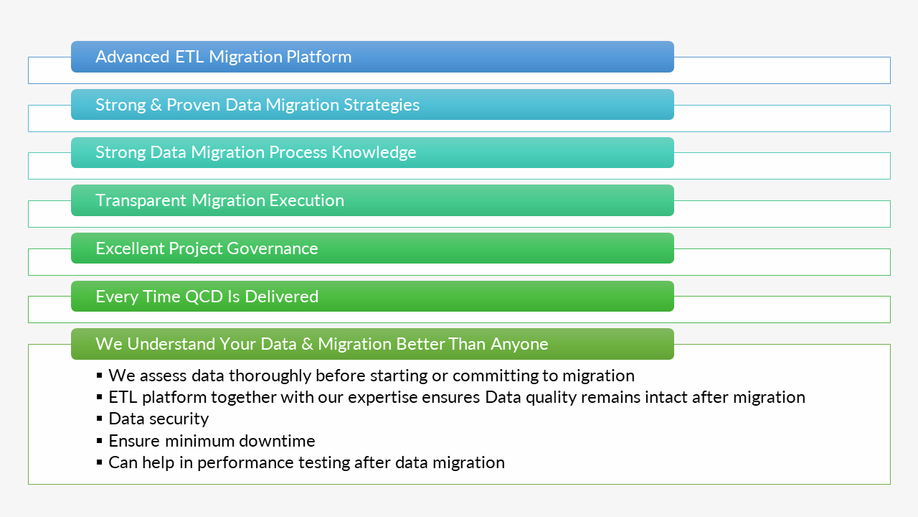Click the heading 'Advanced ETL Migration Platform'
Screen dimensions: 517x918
(223, 57)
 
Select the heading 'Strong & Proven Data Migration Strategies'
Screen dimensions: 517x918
(257, 105)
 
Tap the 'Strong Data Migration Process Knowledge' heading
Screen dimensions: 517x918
(255, 152)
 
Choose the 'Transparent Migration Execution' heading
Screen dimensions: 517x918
(219, 200)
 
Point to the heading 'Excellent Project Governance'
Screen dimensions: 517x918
(207, 248)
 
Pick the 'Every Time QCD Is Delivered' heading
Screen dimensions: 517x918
(207, 297)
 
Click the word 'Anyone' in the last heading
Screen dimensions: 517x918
(519, 344)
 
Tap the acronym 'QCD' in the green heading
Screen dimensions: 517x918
(204, 297)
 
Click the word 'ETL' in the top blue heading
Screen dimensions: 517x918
(189, 57)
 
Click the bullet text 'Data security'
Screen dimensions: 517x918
(158, 419)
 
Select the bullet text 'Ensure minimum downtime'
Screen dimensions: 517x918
(212, 440)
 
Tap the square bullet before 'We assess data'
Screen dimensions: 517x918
(99, 376)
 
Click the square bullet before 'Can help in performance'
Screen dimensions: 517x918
(99, 462)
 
